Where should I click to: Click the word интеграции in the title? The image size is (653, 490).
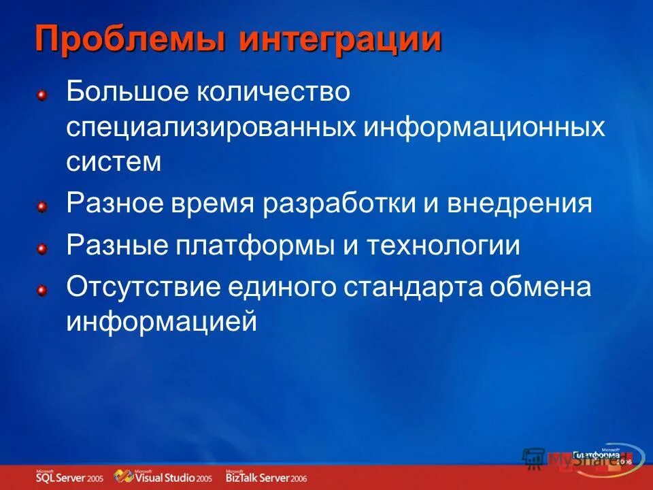pyautogui.click(x=339, y=39)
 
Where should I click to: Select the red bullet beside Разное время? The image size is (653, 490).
pyautogui.click(x=41, y=206)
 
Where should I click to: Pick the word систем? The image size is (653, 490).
pyautogui.click(x=114, y=162)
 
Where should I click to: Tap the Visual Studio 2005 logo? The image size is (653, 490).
pyautogui.click(x=163, y=476)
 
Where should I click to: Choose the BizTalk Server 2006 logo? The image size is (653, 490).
pyautogui.click(x=266, y=476)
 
